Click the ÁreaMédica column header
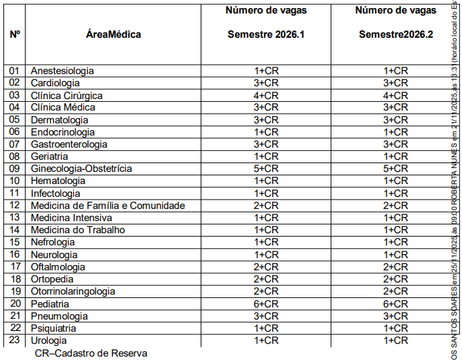pyautogui.click(x=114, y=34)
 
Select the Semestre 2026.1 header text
pyautogui.click(x=266, y=34)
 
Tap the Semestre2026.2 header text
pyautogui.click(x=395, y=34)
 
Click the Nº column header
pyautogui.click(x=15, y=34)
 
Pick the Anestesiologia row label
pyautogui.click(x=62, y=71)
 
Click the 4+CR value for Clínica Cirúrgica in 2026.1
pyautogui.click(x=266, y=95)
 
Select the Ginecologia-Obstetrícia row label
pyautogui.click(x=81, y=169)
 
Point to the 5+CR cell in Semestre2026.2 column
pyautogui.click(x=395, y=169)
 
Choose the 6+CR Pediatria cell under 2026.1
pyautogui.click(x=266, y=304)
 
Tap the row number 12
pyautogui.click(x=15, y=206)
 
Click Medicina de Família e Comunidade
pyautogui.click(x=108, y=206)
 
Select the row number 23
pyautogui.click(x=15, y=340)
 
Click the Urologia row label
pyautogui.click(x=48, y=340)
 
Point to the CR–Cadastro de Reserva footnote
pyautogui.click(x=91, y=353)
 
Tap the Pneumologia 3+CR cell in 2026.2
pyautogui.click(x=395, y=316)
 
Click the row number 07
pyautogui.click(x=15, y=144)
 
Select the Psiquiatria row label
pyautogui.click(x=54, y=328)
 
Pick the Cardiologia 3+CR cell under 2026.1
pyautogui.click(x=266, y=83)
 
